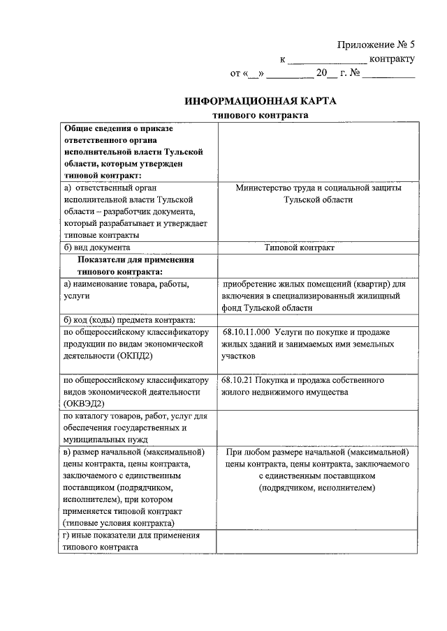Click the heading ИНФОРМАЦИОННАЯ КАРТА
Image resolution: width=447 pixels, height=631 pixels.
260,101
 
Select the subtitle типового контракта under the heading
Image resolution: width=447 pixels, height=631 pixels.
260,116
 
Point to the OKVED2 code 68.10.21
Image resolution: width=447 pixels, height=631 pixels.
237,381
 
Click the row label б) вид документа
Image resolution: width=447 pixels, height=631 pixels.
97,248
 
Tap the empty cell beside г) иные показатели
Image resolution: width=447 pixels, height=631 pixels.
317,541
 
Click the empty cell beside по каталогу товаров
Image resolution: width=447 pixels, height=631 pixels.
317,428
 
